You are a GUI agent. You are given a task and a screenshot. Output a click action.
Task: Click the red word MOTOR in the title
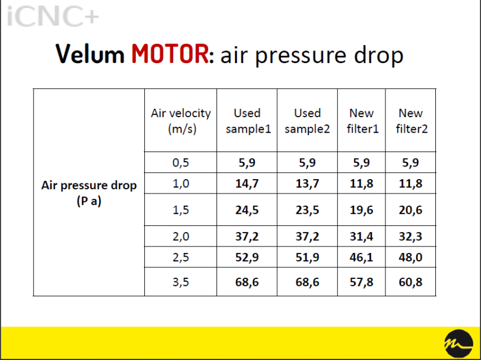(x=170, y=54)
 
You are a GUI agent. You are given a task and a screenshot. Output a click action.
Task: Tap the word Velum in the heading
(x=90, y=54)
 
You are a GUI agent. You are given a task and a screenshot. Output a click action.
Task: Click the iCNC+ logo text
(x=53, y=16)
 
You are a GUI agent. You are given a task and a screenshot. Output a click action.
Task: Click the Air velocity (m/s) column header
(x=181, y=121)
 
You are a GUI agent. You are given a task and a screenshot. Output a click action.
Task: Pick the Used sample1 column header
(x=248, y=121)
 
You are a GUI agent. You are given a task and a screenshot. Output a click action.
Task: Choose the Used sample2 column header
(x=307, y=121)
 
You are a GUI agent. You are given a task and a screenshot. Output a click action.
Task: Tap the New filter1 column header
(x=363, y=121)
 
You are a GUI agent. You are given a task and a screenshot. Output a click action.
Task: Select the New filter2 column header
(x=411, y=121)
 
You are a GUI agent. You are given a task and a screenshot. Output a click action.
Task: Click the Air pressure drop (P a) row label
(x=89, y=193)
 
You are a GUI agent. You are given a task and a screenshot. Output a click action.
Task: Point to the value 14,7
(x=247, y=183)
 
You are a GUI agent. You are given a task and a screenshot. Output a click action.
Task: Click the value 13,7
(x=307, y=183)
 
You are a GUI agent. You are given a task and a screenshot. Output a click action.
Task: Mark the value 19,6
(x=361, y=210)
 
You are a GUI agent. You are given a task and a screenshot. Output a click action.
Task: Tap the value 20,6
(x=411, y=210)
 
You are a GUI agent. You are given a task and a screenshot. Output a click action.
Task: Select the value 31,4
(x=361, y=236)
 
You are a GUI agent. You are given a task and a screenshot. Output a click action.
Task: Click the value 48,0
(x=411, y=257)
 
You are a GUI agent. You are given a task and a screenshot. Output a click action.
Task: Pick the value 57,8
(x=361, y=282)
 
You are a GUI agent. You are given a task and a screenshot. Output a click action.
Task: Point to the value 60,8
(x=411, y=282)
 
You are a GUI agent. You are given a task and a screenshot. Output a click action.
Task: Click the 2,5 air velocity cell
(x=181, y=257)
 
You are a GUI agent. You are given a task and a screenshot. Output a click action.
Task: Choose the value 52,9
(x=247, y=257)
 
